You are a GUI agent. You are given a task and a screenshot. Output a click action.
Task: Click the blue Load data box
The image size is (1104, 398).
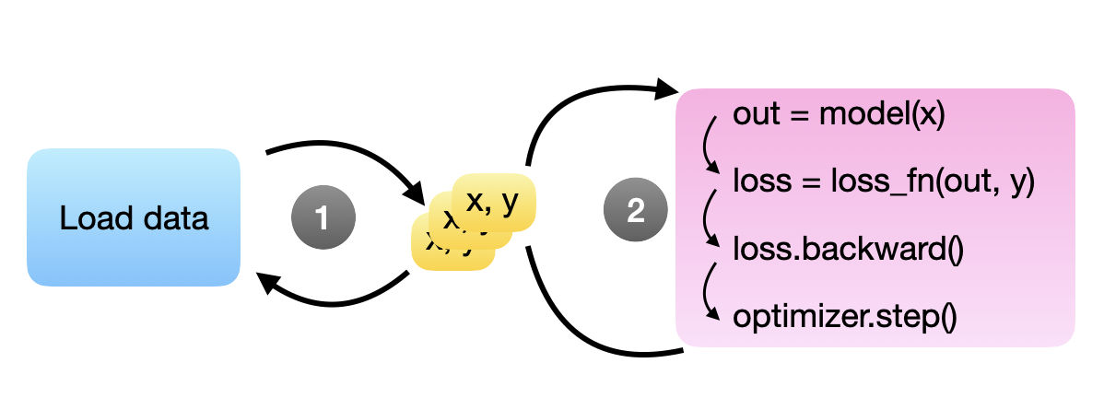pyautogui.click(x=134, y=217)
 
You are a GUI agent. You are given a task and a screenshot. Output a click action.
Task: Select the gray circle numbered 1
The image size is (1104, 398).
pyautogui.click(x=322, y=218)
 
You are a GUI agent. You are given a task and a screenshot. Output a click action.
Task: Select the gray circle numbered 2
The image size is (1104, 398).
pyautogui.click(x=635, y=211)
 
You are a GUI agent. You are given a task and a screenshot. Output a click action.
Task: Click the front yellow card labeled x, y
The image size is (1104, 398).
pyautogui.click(x=495, y=203)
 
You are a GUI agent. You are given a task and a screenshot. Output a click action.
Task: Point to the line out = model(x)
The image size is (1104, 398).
pyautogui.click(x=839, y=117)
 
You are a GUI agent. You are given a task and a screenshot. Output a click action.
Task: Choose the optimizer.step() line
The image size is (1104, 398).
pyautogui.click(x=845, y=317)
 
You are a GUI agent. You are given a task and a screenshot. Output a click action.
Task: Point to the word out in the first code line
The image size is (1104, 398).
pyautogui.click(x=752, y=117)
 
